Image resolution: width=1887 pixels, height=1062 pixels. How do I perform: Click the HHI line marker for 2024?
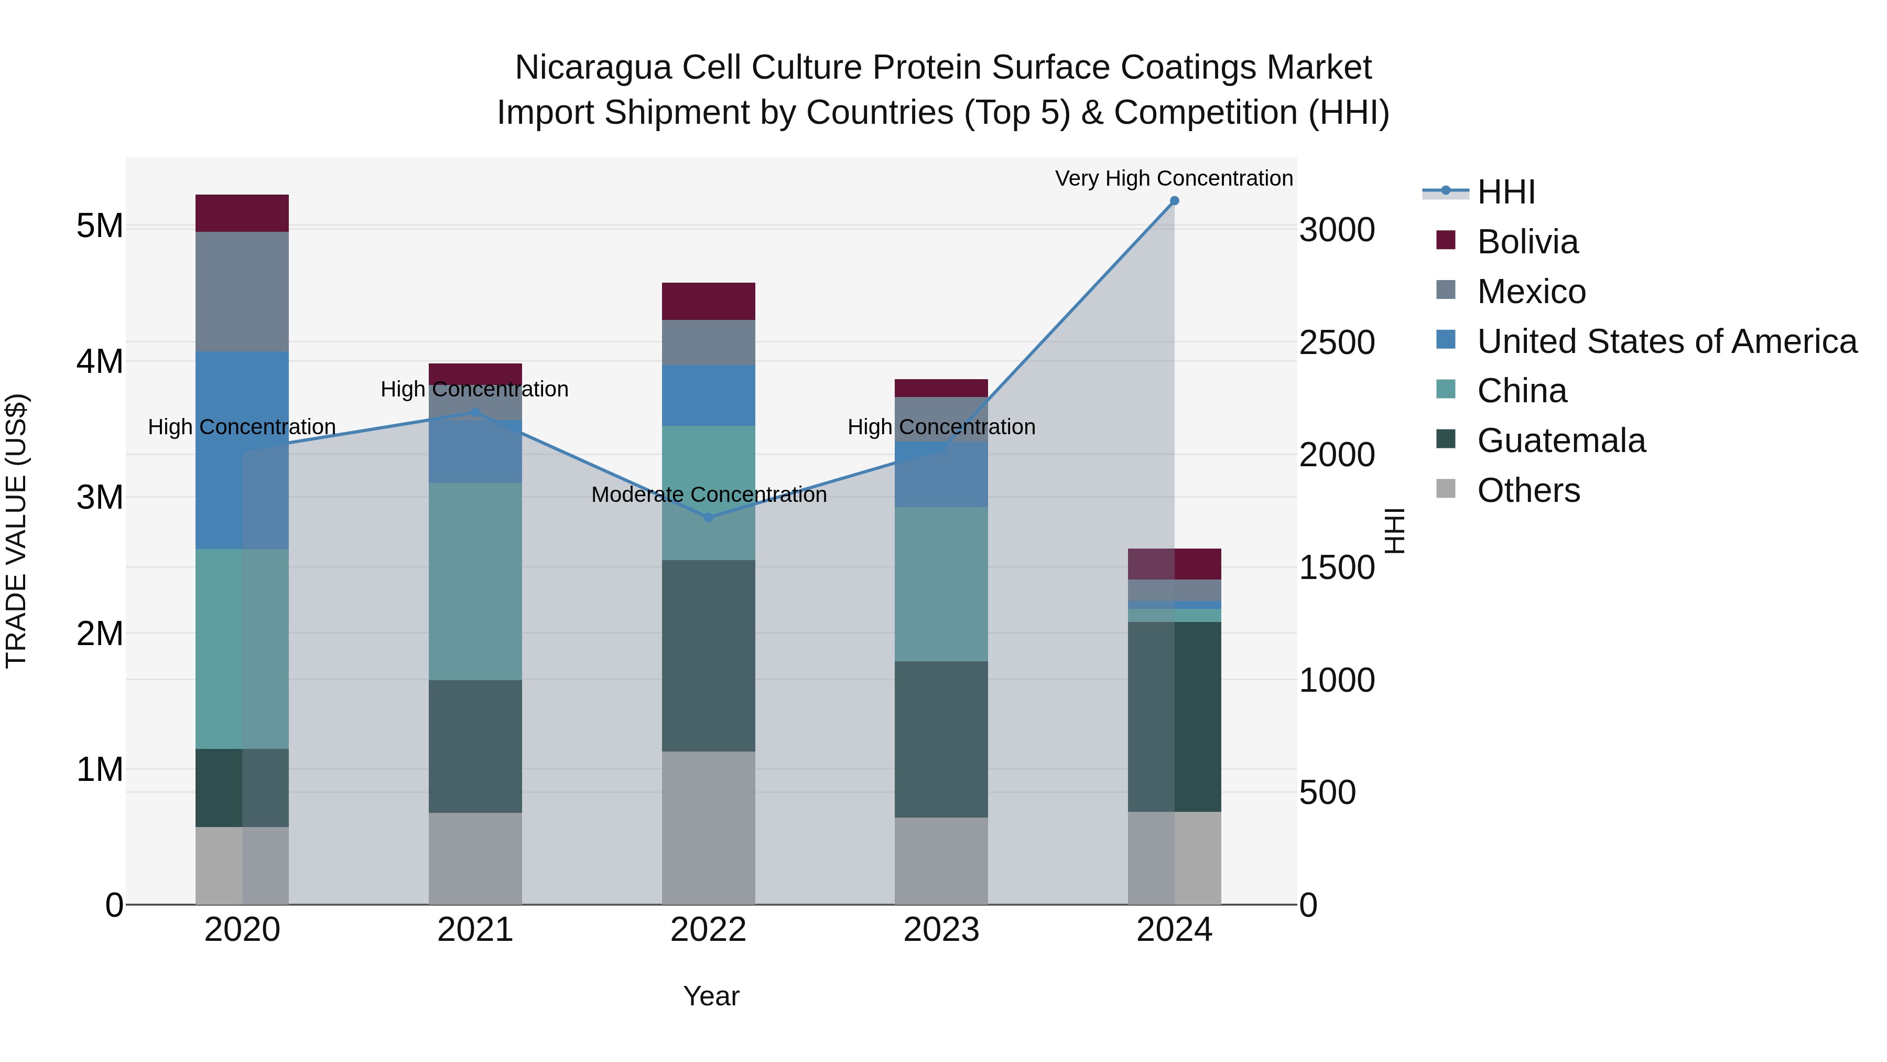(1174, 201)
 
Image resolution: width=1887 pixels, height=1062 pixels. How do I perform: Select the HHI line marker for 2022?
(708, 518)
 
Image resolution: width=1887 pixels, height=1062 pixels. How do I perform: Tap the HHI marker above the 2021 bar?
(475, 413)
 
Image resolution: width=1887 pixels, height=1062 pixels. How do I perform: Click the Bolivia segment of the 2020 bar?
(242, 213)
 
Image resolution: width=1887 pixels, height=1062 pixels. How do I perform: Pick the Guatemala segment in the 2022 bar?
(708, 656)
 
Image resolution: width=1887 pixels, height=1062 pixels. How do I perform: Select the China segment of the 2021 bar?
(475, 581)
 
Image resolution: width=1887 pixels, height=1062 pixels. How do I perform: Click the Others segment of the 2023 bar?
(941, 861)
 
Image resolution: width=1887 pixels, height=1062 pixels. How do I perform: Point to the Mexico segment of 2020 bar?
(242, 292)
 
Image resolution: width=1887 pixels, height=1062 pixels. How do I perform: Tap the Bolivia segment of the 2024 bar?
(1174, 564)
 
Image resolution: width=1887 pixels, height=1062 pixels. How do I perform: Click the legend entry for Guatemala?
(1561, 441)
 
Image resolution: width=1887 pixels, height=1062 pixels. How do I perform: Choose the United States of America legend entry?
(1666, 341)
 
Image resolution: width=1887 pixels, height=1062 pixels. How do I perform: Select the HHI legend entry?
(1505, 192)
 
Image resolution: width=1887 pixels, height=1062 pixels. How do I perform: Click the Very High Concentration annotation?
(1174, 179)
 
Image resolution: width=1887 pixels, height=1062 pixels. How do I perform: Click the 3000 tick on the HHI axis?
(1337, 230)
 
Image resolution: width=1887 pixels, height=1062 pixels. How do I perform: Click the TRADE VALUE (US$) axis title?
(16, 531)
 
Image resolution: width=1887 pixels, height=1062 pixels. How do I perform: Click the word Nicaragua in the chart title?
(593, 68)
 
